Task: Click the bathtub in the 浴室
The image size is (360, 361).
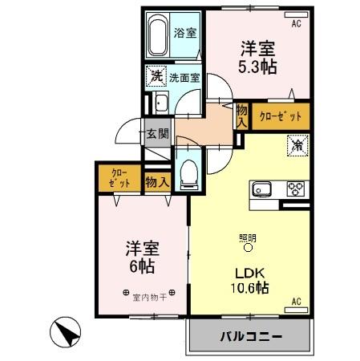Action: click(x=158, y=34)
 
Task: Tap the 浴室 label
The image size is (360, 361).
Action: click(x=185, y=34)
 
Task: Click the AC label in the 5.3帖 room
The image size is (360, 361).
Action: click(x=295, y=24)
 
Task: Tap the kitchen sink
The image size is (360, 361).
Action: click(x=264, y=189)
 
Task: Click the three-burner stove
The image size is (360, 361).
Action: click(x=296, y=189)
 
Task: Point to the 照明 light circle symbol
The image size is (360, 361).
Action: click(x=247, y=248)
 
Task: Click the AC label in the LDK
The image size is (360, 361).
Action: click(x=295, y=302)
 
